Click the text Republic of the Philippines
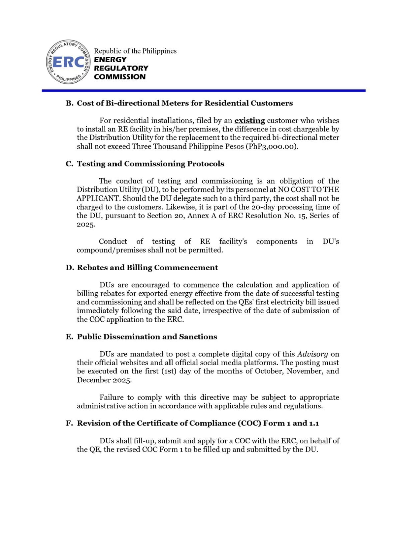pos(135,51)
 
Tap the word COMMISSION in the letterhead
pos(119,77)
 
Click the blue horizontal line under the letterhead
pos(203,90)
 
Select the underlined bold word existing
pos(249,121)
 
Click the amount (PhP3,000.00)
pos(272,146)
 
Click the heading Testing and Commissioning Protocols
pos(150,164)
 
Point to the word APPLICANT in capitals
pos(98,198)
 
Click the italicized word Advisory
pos(312,354)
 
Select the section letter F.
pos(69,424)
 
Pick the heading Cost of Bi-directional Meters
pos(185,103)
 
